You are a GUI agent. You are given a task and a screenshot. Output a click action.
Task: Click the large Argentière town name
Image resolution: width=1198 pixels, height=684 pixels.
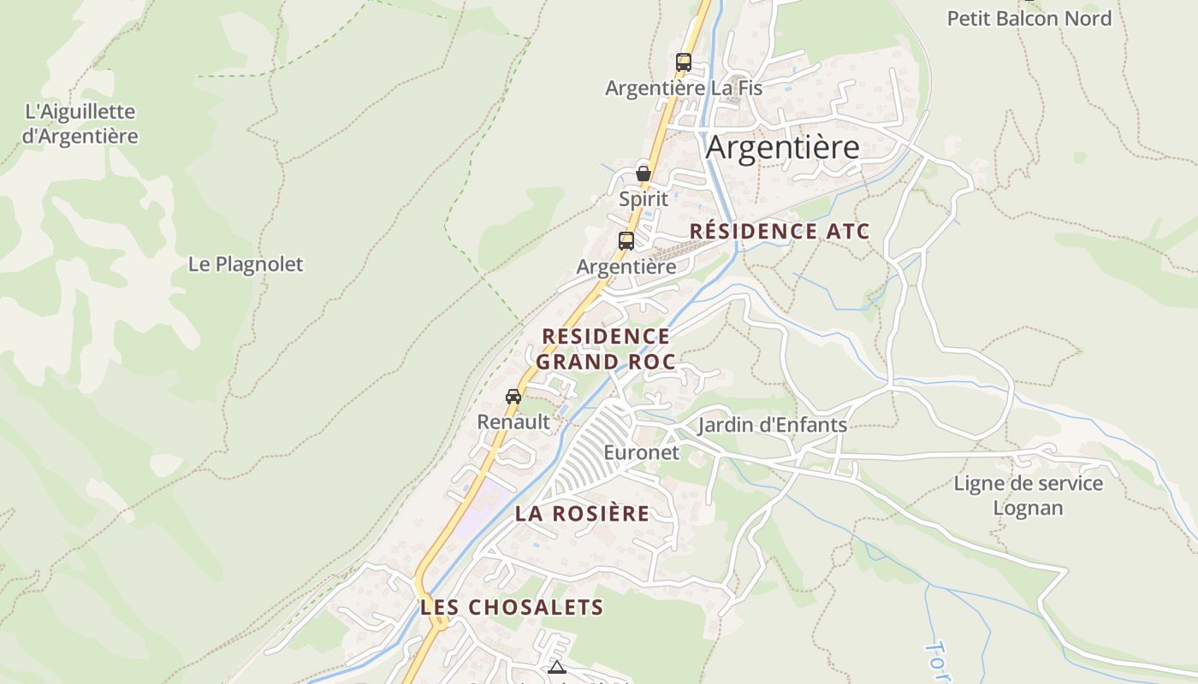782,148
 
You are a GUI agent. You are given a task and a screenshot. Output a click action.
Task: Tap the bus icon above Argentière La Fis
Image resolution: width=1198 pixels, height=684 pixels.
683,62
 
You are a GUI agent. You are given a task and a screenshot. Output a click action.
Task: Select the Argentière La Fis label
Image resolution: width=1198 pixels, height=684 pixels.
683,88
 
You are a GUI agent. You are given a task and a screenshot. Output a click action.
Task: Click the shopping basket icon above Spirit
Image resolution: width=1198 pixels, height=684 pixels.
643,174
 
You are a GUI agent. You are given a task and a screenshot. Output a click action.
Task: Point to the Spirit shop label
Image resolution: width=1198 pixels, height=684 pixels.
643,199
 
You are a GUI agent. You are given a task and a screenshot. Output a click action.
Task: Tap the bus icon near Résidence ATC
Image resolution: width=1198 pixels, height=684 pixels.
626,241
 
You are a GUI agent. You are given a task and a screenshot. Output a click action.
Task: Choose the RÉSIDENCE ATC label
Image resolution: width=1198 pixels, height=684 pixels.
779,231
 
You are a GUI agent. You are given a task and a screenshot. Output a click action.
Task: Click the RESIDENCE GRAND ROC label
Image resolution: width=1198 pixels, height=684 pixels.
605,349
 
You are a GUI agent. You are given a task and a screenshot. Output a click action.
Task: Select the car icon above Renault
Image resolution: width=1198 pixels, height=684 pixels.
513,397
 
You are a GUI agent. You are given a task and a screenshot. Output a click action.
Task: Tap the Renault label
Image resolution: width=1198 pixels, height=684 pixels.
513,422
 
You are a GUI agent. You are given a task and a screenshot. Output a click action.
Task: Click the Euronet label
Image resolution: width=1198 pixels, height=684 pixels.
641,452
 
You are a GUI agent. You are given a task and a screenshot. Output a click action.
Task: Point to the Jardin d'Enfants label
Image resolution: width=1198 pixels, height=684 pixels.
772,425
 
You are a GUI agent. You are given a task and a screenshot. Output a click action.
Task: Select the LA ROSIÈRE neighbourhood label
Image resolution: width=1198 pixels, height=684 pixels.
582,514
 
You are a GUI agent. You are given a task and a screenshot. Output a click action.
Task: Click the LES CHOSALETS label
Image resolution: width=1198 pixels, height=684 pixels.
512,608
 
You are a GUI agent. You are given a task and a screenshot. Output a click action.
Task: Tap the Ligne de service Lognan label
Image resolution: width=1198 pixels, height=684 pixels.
1029,496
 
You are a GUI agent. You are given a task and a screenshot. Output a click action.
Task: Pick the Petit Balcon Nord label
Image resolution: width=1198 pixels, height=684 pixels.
1029,19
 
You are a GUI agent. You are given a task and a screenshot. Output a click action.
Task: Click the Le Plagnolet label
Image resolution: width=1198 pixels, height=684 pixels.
246,264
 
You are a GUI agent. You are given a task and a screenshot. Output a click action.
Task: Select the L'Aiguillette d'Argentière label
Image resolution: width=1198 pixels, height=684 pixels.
80,124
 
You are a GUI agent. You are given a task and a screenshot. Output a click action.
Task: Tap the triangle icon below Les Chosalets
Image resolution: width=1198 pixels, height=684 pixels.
557,668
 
